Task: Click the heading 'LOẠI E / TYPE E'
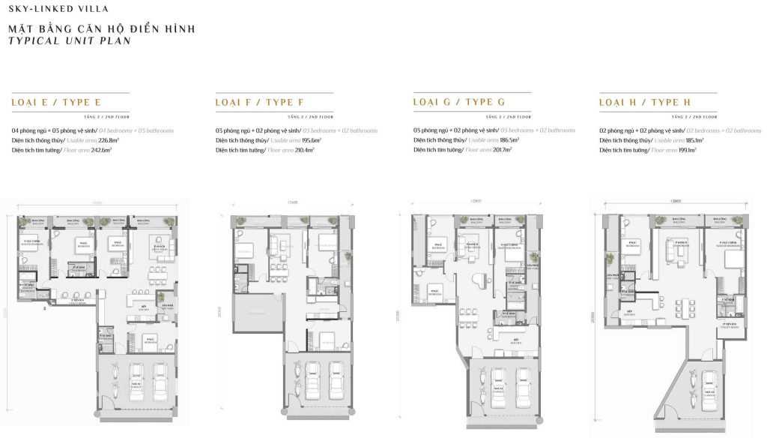(x=56, y=103)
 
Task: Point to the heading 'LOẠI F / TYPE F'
(x=258, y=103)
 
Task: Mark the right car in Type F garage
(x=333, y=381)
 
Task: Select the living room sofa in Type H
(x=681, y=248)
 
